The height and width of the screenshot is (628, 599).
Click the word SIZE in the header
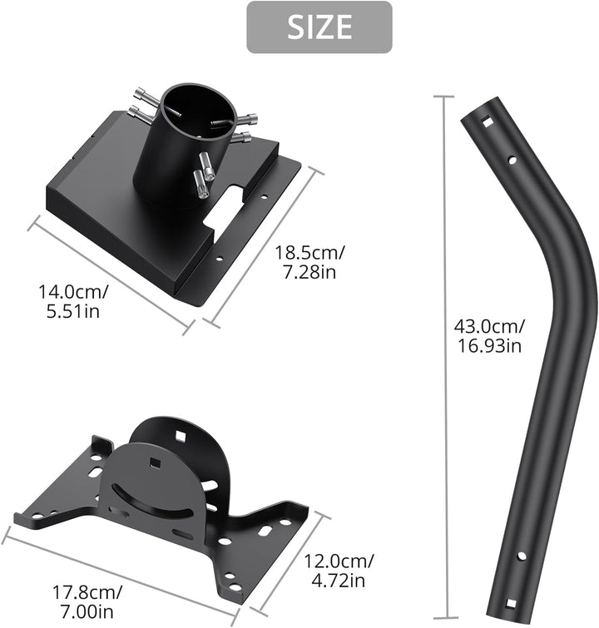(319, 27)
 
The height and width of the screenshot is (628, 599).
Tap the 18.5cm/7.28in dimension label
(309, 262)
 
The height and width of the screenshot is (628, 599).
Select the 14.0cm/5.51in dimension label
(73, 301)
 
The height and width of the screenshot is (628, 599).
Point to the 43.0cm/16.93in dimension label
(489, 336)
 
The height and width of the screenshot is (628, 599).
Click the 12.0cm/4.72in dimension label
(339, 571)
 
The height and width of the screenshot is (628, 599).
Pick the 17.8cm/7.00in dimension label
(87, 601)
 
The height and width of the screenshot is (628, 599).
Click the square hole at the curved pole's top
(488, 121)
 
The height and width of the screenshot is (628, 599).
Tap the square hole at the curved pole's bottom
(511, 604)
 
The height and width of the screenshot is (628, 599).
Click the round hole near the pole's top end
(512, 161)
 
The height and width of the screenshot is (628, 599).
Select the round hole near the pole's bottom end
(522, 556)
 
